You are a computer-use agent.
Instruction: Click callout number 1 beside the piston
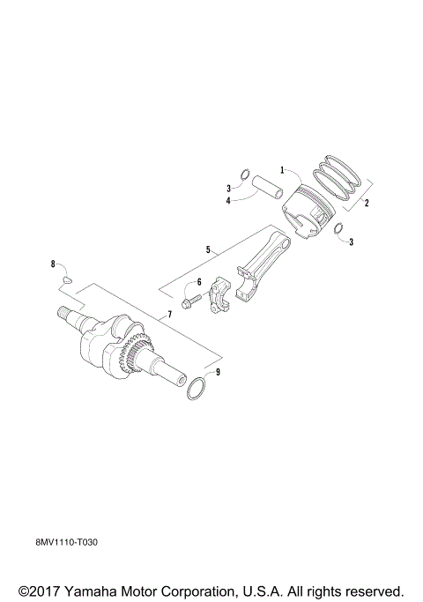point(282,168)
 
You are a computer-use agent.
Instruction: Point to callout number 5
point(209,250)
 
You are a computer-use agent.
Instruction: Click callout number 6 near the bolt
point(199,282)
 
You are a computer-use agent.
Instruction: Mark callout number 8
point(53,264)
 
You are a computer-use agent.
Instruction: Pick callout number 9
point(218,373)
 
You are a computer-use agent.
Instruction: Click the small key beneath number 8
point(64,279)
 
